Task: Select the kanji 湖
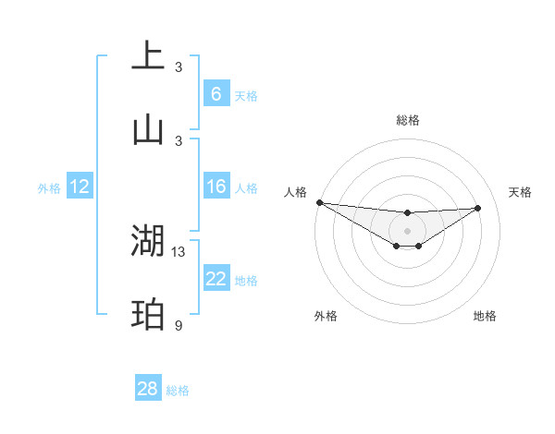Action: tap(148, 241)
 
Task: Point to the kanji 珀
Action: tap(148, 315)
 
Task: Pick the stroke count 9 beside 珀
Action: tap(179, 325)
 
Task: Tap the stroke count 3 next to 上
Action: tap(179, 66)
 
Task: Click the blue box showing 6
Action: tap(216, 93)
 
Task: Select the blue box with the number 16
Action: tap(216, 187)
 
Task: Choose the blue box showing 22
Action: tap(216, 279)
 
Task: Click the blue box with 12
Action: tap(80, 187)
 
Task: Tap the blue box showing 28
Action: tap(148, 389)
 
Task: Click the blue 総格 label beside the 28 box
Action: tap(178, 391)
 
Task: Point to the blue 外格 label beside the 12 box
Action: tap(49, 187)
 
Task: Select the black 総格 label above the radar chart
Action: tap(407, 120)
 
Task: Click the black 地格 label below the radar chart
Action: tap(485, 316)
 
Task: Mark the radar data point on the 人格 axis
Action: tap(319, 202)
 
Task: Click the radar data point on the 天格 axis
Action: tap(477, 208)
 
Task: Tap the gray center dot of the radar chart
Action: tap(407, 230)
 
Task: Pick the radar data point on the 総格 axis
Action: tap(407, 214)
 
